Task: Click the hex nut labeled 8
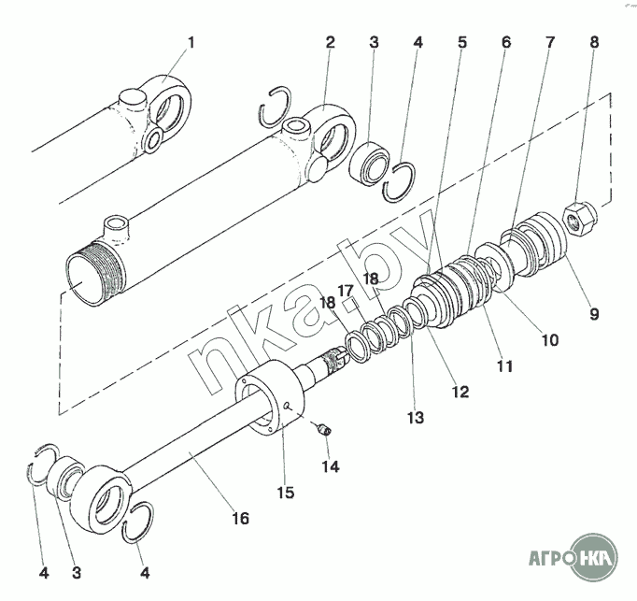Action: pos(578,219)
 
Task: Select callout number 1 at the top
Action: pos(191,42)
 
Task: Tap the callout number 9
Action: pos(594,313)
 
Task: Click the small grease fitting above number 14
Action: pos(325,429)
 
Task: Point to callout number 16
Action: pos(240,519)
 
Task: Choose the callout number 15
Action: pos(286,493)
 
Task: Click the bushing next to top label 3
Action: pos(370,163)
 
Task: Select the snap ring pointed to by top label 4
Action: pos(400,181)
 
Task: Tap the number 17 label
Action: pos(347,292)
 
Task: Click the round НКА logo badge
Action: pos(594,556)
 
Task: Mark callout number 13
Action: pos(416,417)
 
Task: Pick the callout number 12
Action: pos(460,392)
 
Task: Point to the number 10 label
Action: pos(550,339)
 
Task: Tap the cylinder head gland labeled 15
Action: pos(270,398)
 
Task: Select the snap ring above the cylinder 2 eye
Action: pos(276,107)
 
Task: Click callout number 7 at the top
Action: pos(549,42)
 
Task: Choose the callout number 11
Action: pos(505,366)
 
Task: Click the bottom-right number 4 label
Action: pos(145,573)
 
